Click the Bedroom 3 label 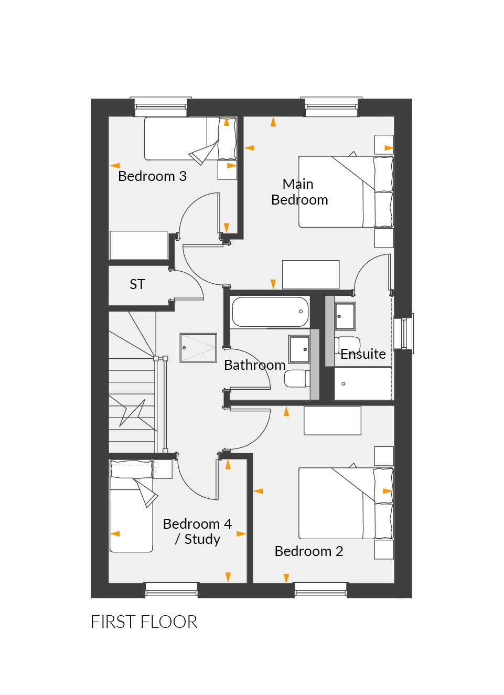click(x=152, y=176)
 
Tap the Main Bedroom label click(x=299, y=192)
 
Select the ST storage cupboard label click(x=137, y=284)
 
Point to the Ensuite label click(x=363, y=354)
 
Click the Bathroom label click(x=254, y=365)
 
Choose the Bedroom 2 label click(x=308, y=551)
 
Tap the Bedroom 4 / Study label click(x=197, y=531)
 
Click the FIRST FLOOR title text click(x=144, y=622)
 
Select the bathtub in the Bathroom click(x=270, y=312)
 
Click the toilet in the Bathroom click(x=297, y=378)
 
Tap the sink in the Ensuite click(x=345, y=316)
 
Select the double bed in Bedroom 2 click(x=345, y=503)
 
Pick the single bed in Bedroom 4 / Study click(x=131, y=506)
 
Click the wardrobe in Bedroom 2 click(x=333, y=421)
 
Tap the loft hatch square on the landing click(x=198, y=347)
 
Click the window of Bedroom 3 click(x=160, y=107)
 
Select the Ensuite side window click(x=406, y=334)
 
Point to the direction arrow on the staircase click(x=133, y=412)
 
